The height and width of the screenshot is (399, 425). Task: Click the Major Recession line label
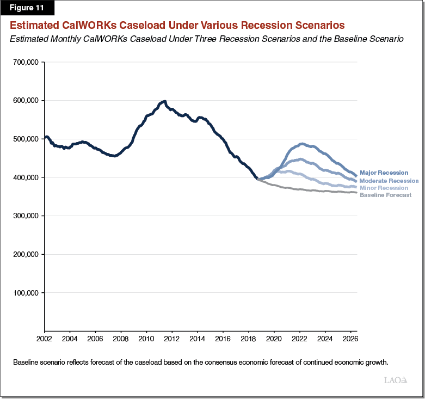[384, 173]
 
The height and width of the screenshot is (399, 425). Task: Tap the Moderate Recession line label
[389, 181]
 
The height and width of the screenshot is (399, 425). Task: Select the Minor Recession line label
[384, 188]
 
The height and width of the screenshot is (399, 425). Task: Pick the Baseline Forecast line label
[386, 195]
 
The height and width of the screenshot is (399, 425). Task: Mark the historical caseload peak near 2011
[164, 101]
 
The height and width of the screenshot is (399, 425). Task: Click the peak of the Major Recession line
[303, 144]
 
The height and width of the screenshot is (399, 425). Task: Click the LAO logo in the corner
[396, 380]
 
